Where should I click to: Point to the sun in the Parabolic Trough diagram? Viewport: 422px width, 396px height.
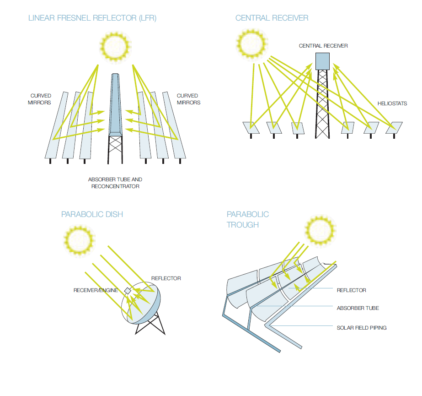click(x=321, y=229)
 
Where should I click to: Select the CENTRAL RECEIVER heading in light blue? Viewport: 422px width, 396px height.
click(x=272, y=18)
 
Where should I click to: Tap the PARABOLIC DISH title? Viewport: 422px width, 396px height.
click(x=92, y=214)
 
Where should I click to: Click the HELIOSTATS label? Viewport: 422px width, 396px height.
click(x=392, y=103)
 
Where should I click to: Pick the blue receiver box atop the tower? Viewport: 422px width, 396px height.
click(x=322, y=61)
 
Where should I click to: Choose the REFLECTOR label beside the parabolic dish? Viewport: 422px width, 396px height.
click(x=166, y=278)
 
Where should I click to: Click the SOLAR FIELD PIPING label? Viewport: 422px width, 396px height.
click(x=361, y=328)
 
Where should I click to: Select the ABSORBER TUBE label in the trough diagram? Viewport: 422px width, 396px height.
click(x=358, y=308)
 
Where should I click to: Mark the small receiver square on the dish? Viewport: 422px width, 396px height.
click(x=128, y=291)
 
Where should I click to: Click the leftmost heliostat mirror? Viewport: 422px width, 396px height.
click(x=251, y=128)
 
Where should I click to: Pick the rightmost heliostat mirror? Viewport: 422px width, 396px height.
click(x=394, y=128)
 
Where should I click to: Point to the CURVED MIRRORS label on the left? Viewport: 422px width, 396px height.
click(x=41, y=99)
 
